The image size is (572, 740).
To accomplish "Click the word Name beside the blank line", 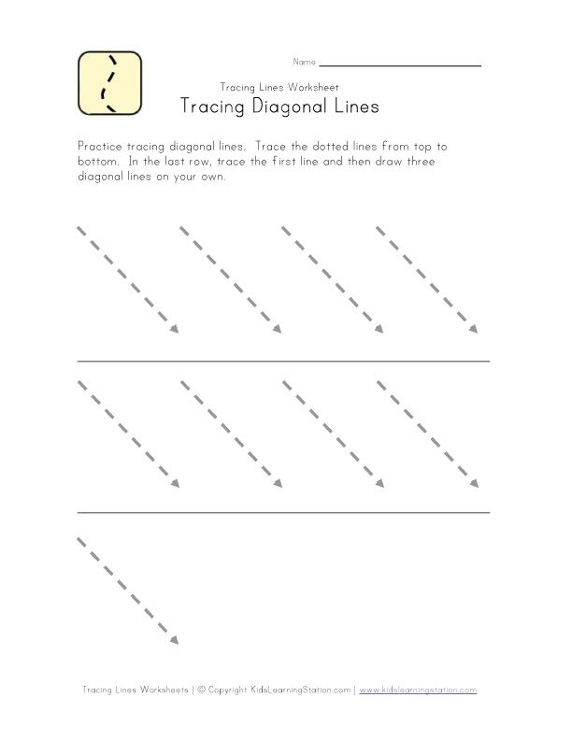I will tap(304, 64).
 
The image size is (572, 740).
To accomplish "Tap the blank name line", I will tap(400, 65).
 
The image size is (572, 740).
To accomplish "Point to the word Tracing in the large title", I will tap(210, 107).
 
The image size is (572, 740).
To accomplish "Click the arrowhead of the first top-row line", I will tap(174, 329).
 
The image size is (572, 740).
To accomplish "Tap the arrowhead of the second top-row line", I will tap(277, 329).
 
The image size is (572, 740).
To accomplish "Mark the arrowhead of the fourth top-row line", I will tap(473, 329).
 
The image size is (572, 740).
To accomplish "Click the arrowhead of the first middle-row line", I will tap(174, 483).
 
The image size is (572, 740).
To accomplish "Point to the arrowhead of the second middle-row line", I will tap(277, 483).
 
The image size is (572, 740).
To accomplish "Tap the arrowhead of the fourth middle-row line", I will tap(473, 483).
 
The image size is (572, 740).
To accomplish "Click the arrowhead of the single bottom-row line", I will tap(174, 639).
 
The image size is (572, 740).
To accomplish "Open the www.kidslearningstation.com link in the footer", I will tap(418, 690).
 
